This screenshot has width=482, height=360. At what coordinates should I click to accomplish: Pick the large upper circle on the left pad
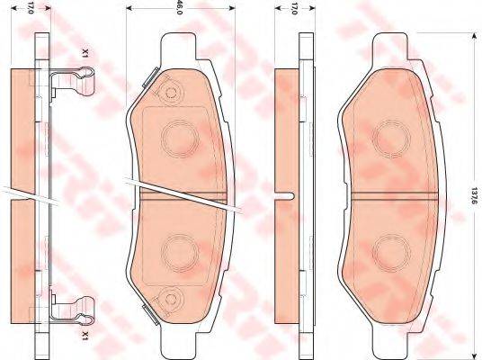[178, 138]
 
